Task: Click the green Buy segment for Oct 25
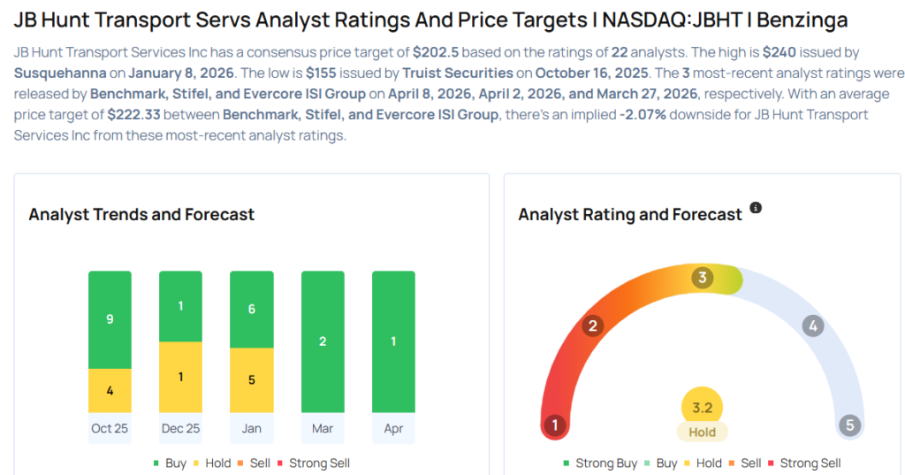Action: point(110,319)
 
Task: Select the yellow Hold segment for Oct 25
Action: point(110,390)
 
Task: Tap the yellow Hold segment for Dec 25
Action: point(180,377)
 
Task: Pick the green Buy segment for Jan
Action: point(251,310)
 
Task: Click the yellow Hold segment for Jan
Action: point(251,380)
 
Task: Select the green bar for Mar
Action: point(323,341)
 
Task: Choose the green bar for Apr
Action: point(393,341)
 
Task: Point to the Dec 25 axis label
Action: point(180,428)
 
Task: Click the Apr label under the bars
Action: point(393,428)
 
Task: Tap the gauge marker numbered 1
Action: point(555,425)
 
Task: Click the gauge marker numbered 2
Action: point(593,326)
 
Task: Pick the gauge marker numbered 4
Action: point(812,326)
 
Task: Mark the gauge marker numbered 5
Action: point(850,425)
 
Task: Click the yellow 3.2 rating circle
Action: point(703,408)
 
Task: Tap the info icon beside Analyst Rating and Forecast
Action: point(756,208)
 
